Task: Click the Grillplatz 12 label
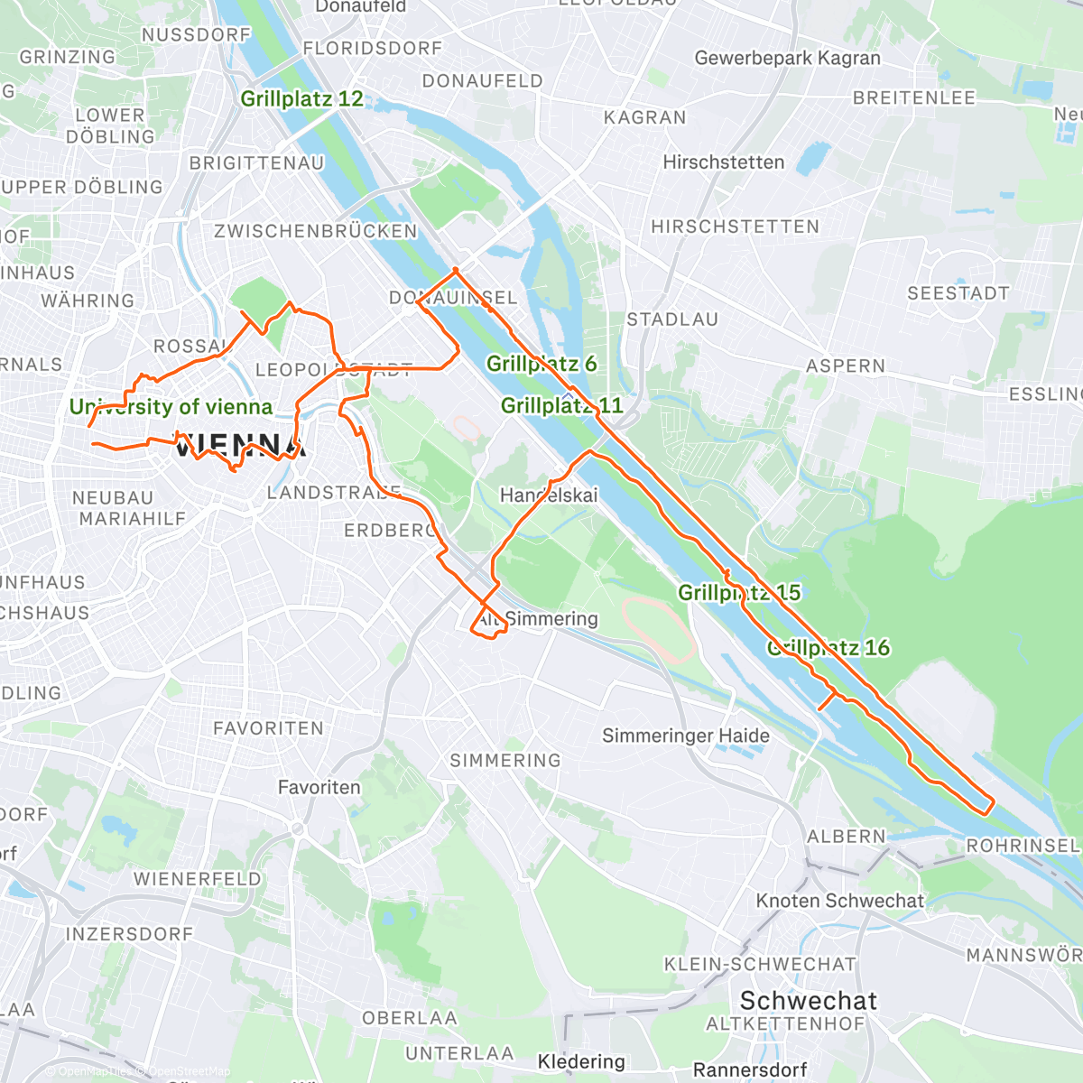click(301, 99)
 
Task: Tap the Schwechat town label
click(808, 1001)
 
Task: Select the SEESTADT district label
click(958, 293)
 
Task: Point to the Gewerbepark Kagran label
click(787, 59)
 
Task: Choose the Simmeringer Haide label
click(686, 736)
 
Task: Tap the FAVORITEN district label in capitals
click(268, 728)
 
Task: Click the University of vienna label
click(171, 407)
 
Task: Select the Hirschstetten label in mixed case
click(723, 162)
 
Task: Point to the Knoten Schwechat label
click(839, 901)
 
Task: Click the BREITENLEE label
click(914, 98)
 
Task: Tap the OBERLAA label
click(410, 1018)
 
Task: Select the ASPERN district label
click(845, 366)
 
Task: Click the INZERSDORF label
click(129, 934)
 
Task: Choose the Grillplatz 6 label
click(541, 364)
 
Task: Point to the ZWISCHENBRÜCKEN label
click(316, 231)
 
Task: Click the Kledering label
click(581, 1061)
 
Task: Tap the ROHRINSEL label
click(1023, 846)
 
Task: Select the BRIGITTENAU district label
click(256, 163)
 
